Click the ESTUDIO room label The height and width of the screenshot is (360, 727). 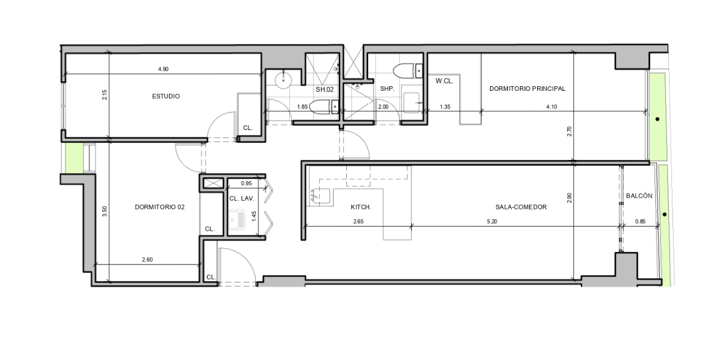(166, 96)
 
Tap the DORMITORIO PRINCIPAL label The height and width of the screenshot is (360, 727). (527, 89)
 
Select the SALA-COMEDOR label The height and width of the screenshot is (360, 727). (521, 207)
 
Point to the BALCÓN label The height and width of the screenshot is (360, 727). (639, 196)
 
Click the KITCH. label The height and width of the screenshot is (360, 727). (361, 207)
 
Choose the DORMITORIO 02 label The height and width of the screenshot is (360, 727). (160, 207)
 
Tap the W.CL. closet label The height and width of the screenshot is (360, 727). (445, 81)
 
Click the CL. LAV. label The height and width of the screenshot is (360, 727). (242, 198)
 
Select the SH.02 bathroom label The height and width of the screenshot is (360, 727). (324, 90)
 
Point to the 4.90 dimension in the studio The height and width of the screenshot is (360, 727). (163, 69)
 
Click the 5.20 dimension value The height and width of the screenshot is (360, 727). (492, 221)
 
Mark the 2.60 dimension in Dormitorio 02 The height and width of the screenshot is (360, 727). (147, 259)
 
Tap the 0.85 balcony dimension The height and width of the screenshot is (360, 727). (640, 221)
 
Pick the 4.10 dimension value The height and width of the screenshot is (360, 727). (552, 106)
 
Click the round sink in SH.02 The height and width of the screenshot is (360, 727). (283, 79)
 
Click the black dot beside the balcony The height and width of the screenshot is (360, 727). (665, 215)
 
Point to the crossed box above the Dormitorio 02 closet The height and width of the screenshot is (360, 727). (213, 183)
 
